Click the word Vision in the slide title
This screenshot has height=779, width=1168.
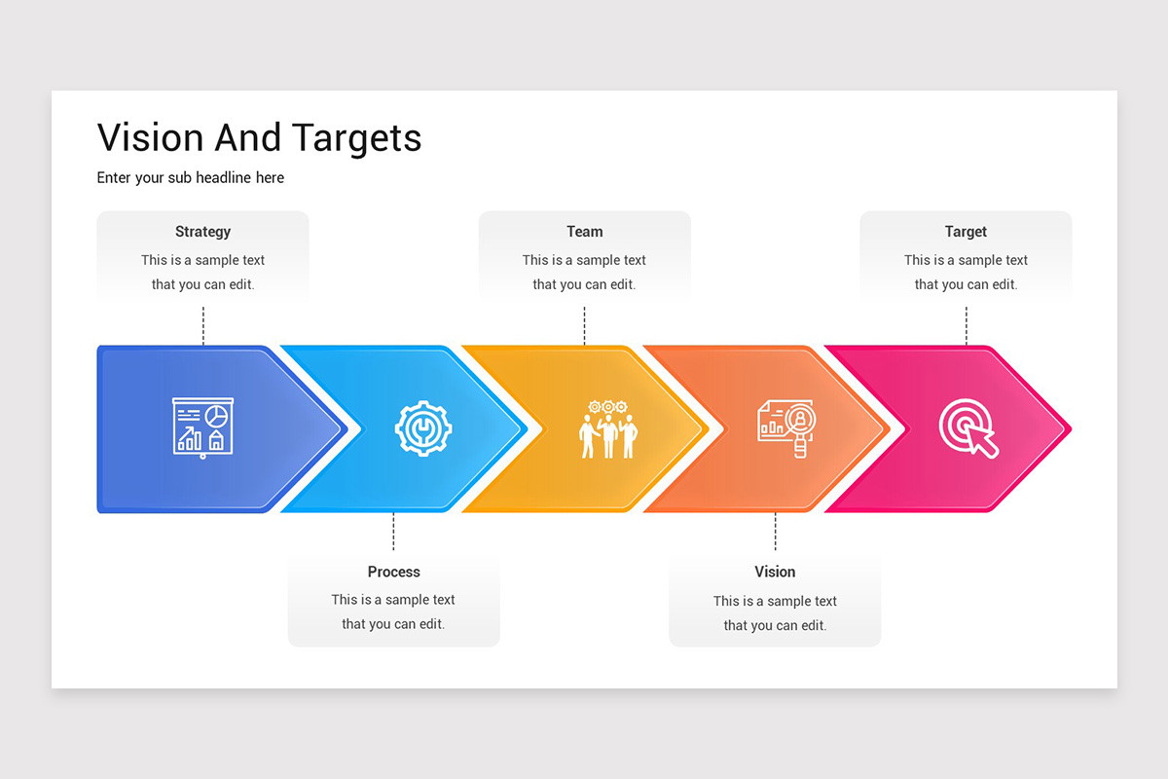151,138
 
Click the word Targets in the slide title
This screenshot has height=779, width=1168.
345,138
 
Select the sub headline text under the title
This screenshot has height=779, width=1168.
191,177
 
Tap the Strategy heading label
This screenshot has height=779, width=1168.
202,232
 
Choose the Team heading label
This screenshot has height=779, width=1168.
584,232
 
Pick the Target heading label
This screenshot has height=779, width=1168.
966,232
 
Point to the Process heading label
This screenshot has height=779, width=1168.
393,572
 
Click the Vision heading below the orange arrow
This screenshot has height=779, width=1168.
775,572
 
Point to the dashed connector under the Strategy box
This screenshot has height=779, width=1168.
202,325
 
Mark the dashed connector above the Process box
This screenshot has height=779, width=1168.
393,532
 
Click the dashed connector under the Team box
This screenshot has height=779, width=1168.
584,325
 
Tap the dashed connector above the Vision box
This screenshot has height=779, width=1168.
775,532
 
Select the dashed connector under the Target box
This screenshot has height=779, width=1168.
966,325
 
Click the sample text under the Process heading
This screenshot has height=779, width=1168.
393,612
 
